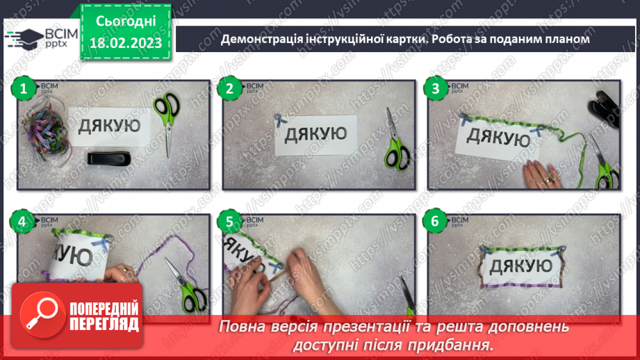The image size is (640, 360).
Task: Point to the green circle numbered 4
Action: tap(24, 222)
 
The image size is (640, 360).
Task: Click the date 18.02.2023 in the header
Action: tap(125, 42)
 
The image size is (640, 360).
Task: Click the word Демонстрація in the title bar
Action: tap(261, 40)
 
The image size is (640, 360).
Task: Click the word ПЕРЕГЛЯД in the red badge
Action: tap(104, 325)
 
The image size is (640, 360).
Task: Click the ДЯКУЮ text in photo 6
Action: tap(521, 265)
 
